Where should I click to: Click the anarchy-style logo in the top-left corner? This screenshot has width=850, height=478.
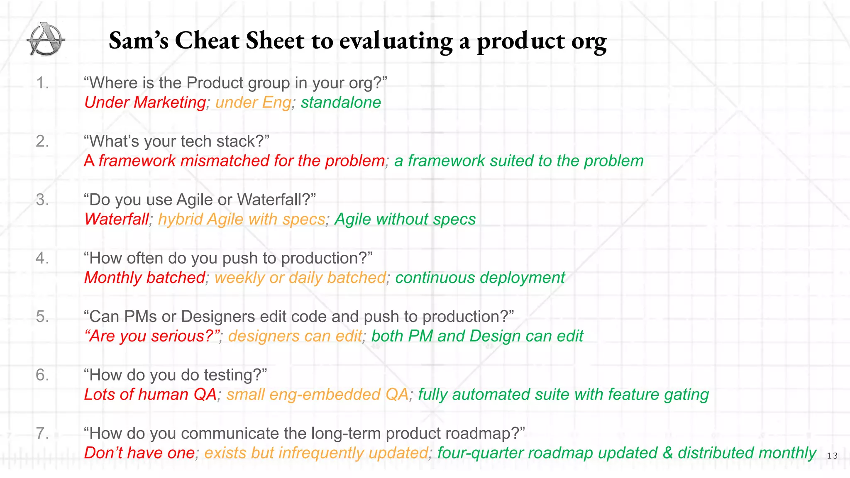point(46,39)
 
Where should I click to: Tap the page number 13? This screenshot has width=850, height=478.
point(832,456)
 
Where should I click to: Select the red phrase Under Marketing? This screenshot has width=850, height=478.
point(145,102)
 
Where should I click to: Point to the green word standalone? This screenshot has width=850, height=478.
point(341,102)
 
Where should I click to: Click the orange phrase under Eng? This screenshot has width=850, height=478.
point(253,102)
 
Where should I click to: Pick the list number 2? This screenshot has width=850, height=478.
point(42,141)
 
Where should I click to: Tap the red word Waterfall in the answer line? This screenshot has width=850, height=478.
point(116,219)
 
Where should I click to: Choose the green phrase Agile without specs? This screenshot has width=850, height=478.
point(405,219)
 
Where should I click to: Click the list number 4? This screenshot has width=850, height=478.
point(42,258)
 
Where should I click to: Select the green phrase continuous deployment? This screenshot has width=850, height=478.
point(480,278)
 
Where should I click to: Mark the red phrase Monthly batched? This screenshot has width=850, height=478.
point(144,278)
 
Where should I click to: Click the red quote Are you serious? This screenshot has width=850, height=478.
point(152,336)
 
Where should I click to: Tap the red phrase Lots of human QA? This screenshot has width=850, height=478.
point(150,394)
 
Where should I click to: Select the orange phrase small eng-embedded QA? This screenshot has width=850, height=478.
point(318,394)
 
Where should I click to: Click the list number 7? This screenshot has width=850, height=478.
point(42,433)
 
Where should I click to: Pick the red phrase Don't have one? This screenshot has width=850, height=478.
point(139,453)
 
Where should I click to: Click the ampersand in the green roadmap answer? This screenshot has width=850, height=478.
point(667,453)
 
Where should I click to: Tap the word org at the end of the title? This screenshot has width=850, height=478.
point(589,41)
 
